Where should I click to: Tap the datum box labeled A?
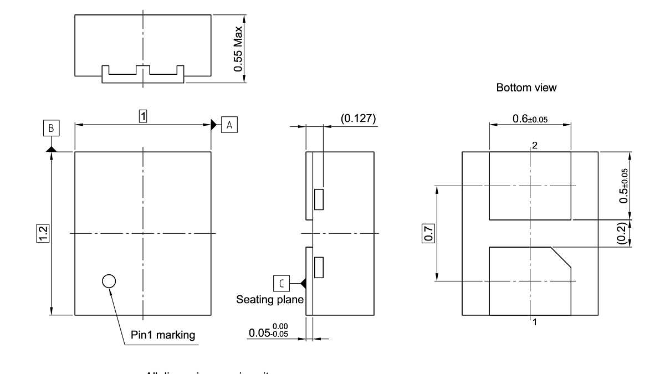point(229,125)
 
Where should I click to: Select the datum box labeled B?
point(51,129)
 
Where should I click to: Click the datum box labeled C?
point(282,283)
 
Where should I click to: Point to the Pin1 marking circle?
point(109,281)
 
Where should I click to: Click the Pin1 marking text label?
point(163,335)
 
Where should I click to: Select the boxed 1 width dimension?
point(143,116)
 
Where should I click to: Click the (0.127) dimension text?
point(357,118)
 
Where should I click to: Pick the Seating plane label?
point(270,300)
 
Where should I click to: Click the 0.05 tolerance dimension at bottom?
point(269,332)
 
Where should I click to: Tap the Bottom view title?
point(526,88)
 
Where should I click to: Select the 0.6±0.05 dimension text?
point(529,118)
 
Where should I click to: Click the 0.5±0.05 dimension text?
point(625,186)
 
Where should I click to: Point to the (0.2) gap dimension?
point(622,233)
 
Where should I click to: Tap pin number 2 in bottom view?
point(535,145)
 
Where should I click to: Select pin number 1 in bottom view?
point(535,321)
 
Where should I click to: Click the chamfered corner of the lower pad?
point(561,258)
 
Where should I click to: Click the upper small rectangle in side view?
point(319,199)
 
